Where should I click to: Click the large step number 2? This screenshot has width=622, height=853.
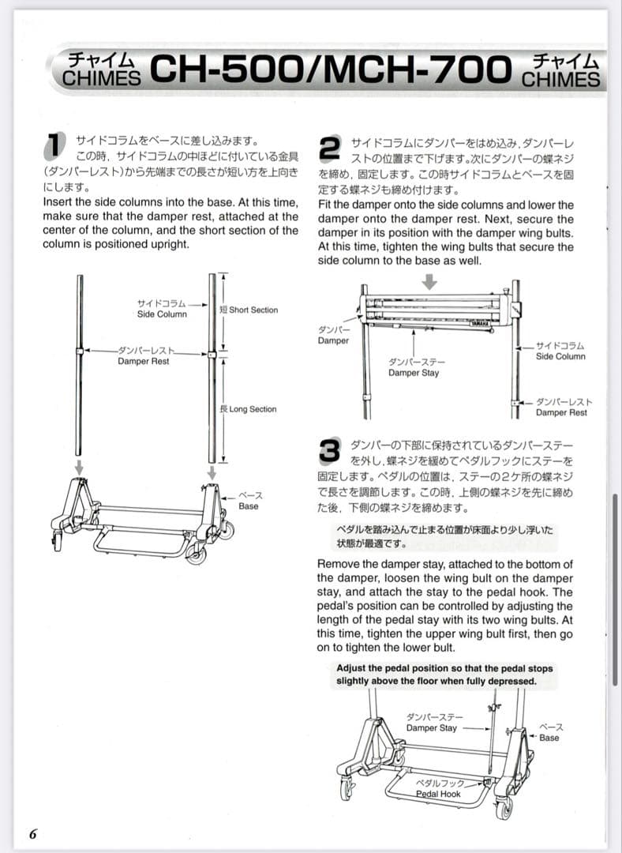click(329, 147)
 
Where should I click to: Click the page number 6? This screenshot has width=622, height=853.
click(32, 834)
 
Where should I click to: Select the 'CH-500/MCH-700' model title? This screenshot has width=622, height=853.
click(330, 70)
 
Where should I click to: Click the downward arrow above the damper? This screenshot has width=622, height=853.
click(429, 282)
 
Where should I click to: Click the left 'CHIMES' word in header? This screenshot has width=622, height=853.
click(102, 78)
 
